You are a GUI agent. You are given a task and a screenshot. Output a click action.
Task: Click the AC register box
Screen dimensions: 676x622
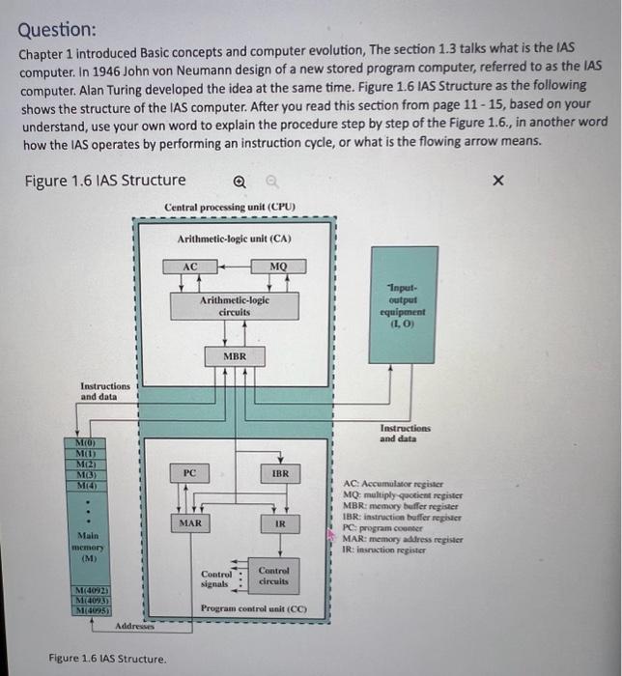tap(190, 267)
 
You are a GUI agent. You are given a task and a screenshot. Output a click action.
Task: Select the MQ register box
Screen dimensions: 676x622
tap(278, 267)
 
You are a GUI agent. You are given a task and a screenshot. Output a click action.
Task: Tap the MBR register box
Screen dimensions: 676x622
tap(235, 356)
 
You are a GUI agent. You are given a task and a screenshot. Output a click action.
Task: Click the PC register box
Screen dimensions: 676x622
tap(190, 473)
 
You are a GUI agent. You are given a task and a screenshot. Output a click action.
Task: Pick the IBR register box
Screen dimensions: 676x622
tap(280, 473)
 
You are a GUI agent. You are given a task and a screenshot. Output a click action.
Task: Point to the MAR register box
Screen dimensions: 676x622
tap(190, 523)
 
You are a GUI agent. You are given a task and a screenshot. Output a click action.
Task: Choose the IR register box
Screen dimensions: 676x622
tap(280, 523)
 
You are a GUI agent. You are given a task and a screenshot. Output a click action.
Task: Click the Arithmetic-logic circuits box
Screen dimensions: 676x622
tap(235, 306)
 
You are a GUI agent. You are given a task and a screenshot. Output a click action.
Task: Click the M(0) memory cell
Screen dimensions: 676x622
tap(84, 442)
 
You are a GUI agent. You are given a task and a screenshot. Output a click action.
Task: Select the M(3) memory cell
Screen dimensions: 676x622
tap(84, 474)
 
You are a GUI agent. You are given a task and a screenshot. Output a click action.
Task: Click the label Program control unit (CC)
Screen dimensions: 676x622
tap(253, 609)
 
